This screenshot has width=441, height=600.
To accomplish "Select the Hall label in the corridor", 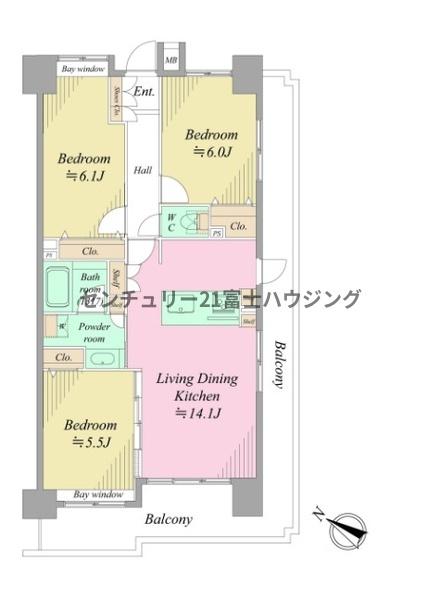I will point(144,169).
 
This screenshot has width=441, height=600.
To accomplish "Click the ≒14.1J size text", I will point(198,411).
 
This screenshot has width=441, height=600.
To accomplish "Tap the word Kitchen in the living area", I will point(198,395).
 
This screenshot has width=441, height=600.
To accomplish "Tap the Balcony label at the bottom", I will point(168,519).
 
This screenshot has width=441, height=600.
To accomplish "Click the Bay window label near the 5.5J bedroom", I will point(97,494).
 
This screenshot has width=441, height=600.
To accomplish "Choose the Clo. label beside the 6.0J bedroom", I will point(238,227).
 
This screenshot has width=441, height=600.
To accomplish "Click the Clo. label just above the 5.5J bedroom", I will point(63,357).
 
